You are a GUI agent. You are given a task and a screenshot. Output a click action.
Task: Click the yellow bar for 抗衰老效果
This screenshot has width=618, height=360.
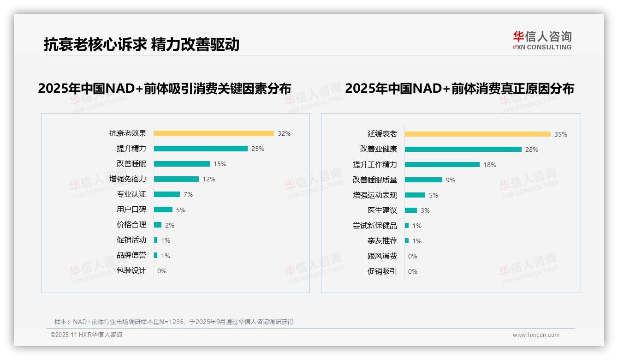coord(214,133)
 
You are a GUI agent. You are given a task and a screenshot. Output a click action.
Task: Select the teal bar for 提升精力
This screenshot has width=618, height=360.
coord(201,149)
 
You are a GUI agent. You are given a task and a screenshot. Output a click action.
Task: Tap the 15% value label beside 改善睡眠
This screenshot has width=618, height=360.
coord(220,164)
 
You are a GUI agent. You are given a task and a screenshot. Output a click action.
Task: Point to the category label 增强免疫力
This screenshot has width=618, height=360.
coord(128,179)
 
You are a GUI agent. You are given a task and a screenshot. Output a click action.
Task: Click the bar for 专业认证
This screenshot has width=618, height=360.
coord(167,194)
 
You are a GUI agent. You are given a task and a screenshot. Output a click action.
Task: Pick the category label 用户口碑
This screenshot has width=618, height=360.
coord(131,210)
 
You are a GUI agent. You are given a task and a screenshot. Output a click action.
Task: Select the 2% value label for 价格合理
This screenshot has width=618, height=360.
coord(169,225)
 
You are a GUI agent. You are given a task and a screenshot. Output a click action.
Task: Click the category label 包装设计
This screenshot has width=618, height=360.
coord(131,270)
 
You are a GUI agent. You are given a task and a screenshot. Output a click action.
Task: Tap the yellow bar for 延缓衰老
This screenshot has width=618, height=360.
coord(477,134)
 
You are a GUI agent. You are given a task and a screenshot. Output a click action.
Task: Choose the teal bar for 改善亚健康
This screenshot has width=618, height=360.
coord(463,149)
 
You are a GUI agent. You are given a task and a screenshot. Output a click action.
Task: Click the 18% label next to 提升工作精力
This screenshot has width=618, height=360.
coord(489,165)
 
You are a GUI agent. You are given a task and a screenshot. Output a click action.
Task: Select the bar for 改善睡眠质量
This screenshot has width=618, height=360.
coord(423,180)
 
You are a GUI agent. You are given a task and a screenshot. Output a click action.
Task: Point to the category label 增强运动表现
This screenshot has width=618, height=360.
coord(375,195)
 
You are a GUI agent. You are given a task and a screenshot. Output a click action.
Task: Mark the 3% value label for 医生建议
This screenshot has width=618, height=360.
coord(425,210)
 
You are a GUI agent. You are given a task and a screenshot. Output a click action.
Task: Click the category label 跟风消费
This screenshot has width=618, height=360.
coord(382,256)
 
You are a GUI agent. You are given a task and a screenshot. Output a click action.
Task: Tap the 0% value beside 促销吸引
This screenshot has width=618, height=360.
coord(412,271)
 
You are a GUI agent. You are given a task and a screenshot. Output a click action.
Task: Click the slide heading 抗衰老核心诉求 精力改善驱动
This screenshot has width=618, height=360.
coord(142,44)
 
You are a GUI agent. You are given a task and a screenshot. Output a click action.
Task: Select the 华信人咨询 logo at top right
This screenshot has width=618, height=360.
coord(542,41)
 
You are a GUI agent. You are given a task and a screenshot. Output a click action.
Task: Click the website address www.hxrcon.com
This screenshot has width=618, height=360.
coord(536,335)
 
